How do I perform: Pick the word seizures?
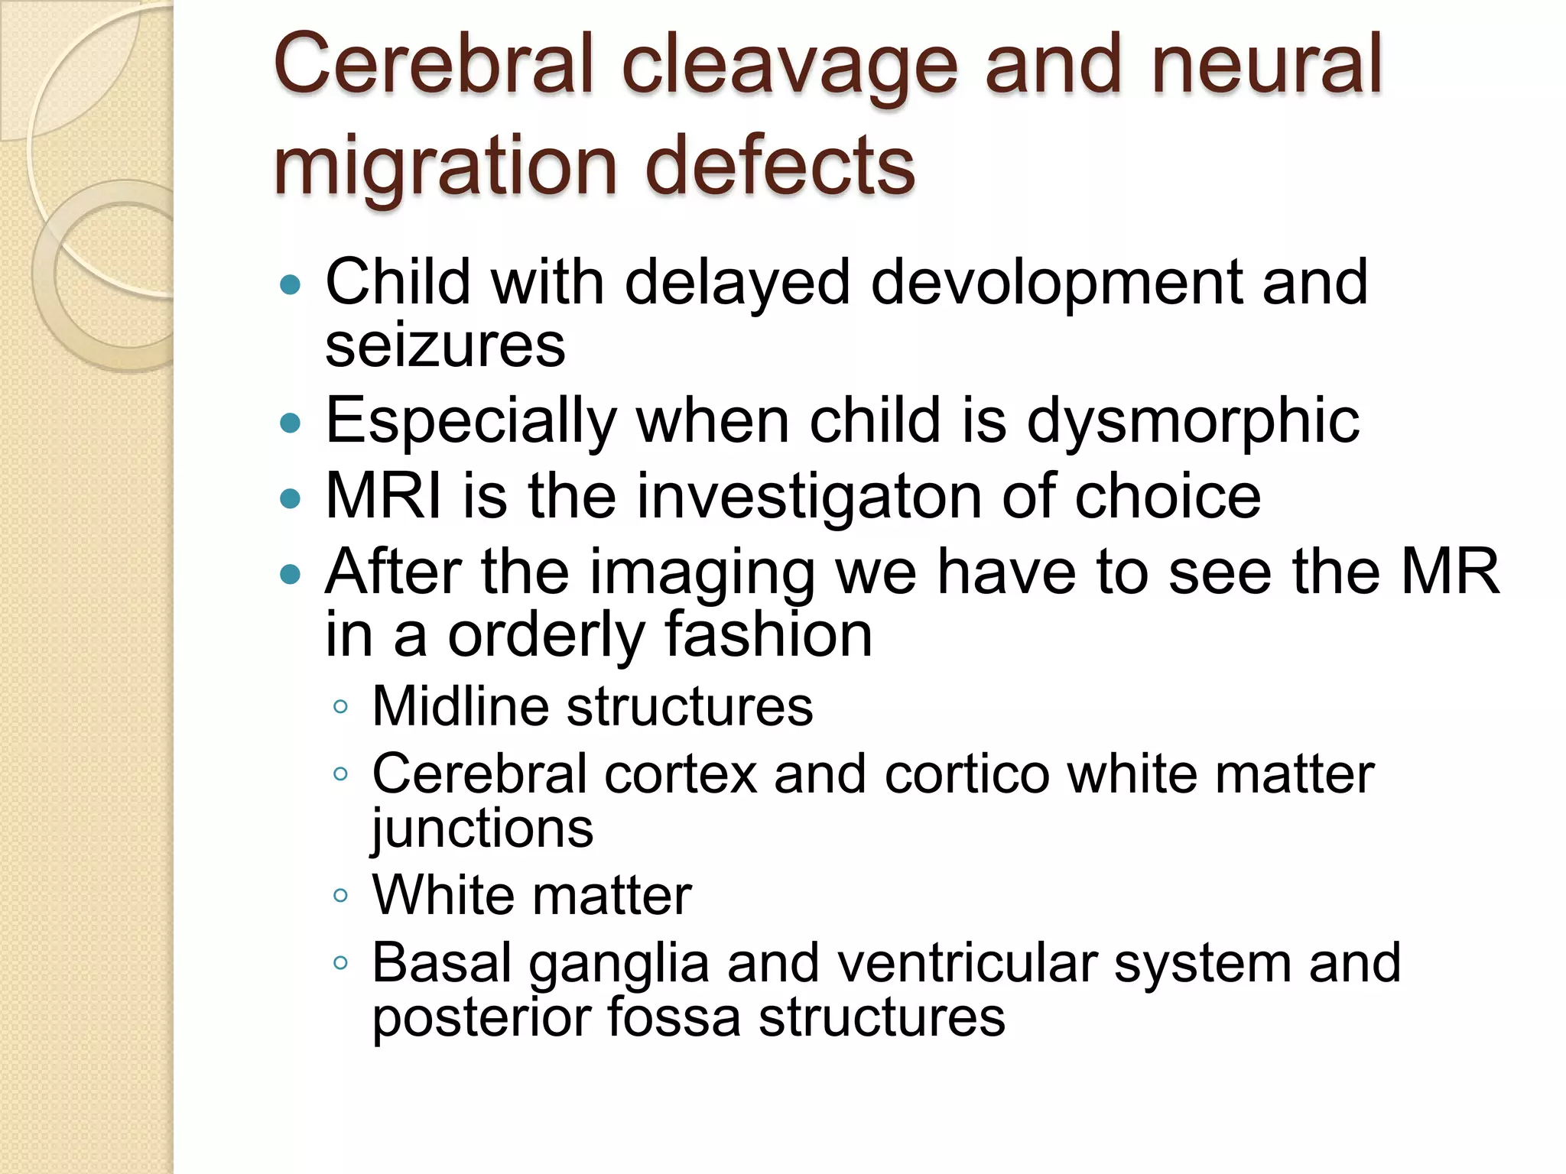[x=445, y=346]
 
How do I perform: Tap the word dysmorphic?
[x=1193, y=423]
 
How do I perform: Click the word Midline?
[x=460, y=706]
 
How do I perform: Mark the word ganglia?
[x=619, y=965]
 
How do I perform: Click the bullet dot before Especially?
[x=291, y=423]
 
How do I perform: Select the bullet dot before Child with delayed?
[x=291, y=286]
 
